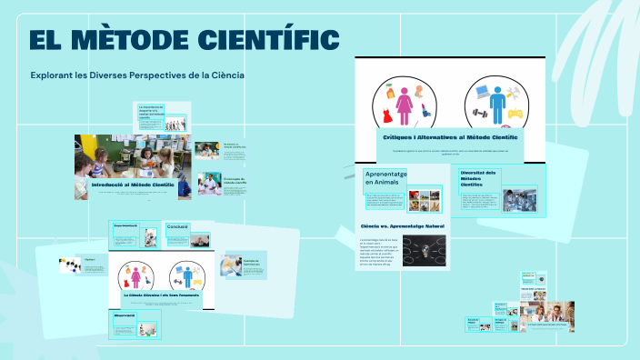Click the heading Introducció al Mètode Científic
(133, 185)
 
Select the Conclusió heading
(177, 226)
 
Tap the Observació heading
(125, 315)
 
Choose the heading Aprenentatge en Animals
(385, 176)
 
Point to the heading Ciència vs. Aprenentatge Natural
(401, 225)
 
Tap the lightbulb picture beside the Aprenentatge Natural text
(423, 250)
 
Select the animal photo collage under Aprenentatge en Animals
(424, 198)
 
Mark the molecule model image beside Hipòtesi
(70, 265)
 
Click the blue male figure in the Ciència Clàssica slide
(189, 276)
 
